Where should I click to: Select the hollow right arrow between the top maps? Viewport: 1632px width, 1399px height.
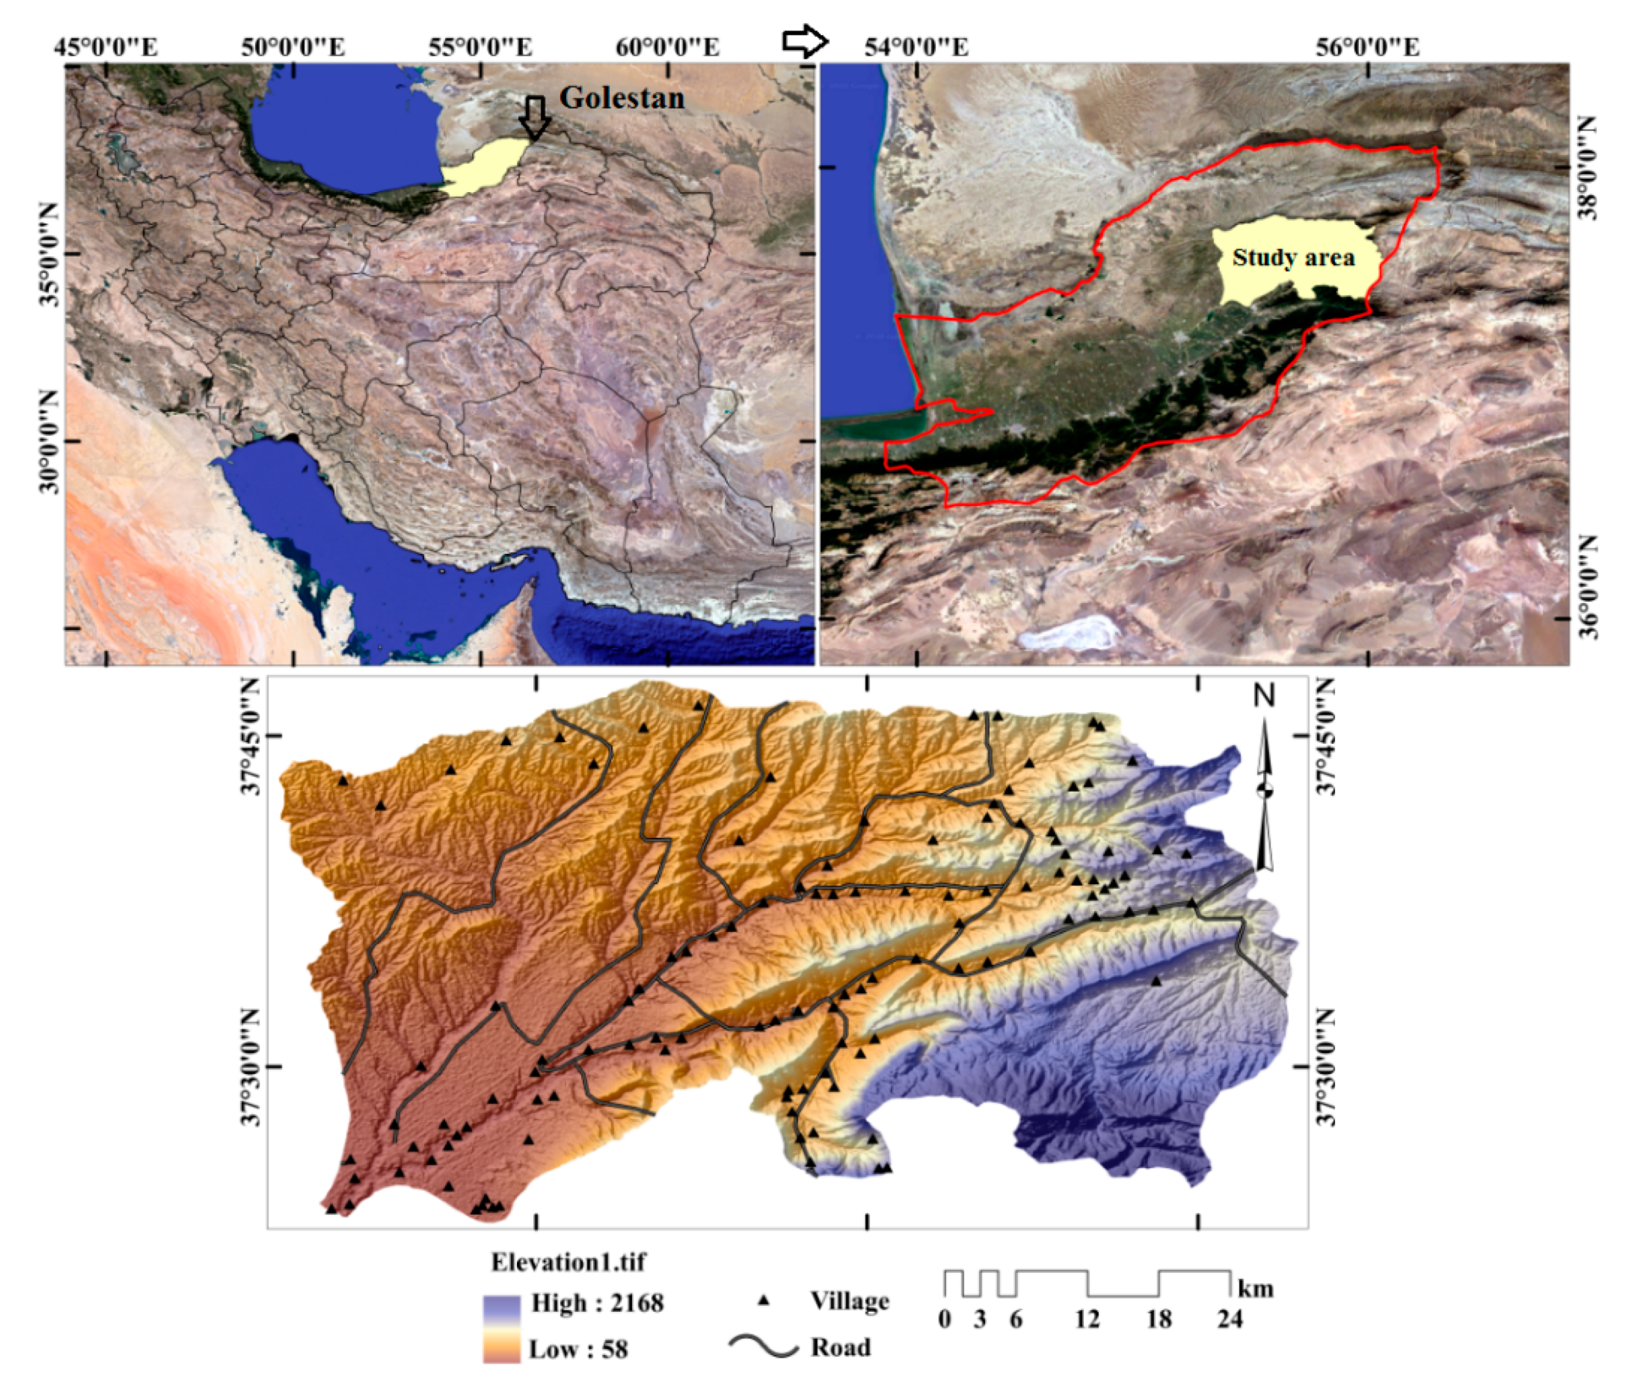point(805,41)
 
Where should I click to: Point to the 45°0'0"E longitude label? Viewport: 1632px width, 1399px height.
point(105,48)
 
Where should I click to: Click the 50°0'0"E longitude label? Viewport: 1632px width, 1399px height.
point(293,48)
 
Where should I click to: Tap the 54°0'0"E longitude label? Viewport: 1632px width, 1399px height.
point(916,48)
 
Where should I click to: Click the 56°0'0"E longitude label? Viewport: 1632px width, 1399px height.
point(1367,48)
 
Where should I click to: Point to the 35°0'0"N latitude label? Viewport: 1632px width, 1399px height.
point(49,254)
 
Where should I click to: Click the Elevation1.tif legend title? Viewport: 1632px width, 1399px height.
point(568,1263)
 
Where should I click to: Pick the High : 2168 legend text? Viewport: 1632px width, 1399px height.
point(597,1303)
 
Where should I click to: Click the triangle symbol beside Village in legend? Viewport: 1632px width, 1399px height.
point(763,1301)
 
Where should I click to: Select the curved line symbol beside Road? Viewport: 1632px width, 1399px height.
point(763,1345)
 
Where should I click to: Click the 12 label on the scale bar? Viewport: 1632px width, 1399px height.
point(1087,1318)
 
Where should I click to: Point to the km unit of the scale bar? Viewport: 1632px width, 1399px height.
point(1255,1289)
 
